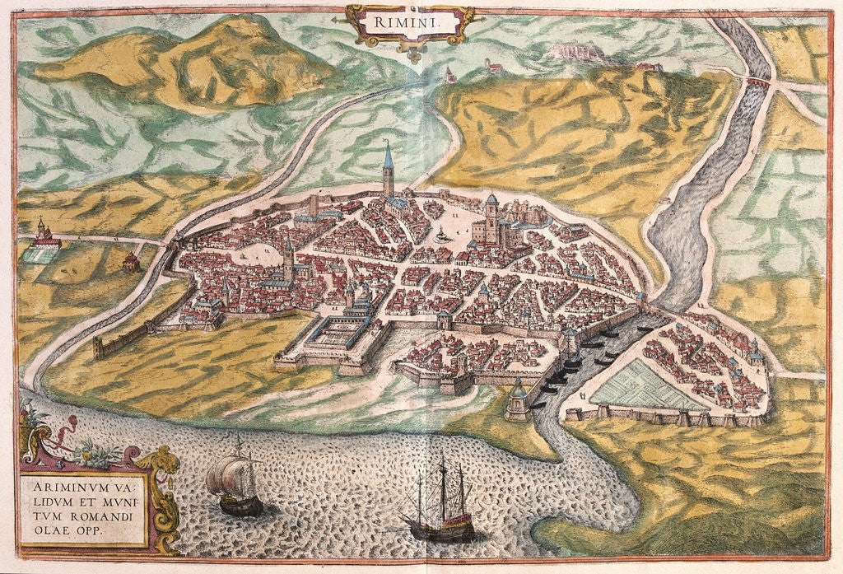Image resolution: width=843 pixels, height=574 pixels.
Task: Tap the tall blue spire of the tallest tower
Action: point(387,156)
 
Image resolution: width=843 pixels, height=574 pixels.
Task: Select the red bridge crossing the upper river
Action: point(758,82)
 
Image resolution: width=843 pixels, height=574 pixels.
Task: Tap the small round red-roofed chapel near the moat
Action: point(129,262)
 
